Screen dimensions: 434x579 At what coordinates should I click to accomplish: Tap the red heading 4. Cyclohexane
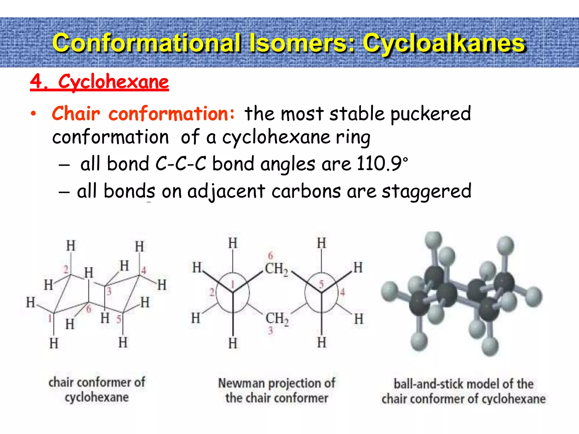(99, 82)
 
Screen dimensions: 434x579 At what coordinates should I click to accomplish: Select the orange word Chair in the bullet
(76, 114)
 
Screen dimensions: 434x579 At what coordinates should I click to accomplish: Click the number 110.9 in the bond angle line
(379, 164)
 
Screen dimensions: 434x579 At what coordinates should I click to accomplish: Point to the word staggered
(427, 192)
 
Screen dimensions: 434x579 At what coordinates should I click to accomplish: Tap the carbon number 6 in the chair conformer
(89, 309)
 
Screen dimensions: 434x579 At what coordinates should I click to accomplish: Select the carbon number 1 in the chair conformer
(50, 318)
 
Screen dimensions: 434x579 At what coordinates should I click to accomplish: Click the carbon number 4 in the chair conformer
(144, 270)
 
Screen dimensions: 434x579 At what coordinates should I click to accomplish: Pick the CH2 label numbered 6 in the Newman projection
(276, 268)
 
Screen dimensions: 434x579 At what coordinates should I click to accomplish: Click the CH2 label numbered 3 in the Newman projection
(277, 319)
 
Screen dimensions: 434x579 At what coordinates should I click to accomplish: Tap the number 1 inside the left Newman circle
(233, 284)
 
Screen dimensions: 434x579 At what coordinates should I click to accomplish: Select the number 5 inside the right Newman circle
(321, 284)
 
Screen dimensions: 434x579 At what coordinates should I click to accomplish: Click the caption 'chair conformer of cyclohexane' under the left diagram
(97, 390)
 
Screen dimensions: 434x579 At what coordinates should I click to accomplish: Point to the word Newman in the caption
(241, 383)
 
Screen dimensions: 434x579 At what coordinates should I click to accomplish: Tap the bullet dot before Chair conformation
(34, 114)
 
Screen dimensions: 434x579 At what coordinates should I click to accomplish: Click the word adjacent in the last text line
(226, 192)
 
